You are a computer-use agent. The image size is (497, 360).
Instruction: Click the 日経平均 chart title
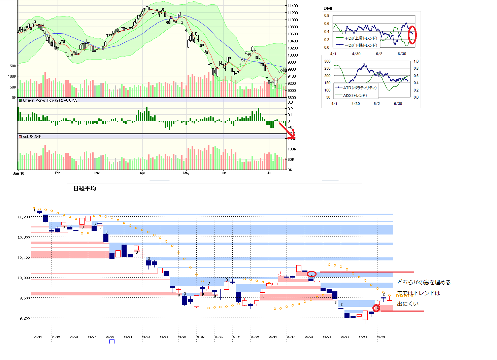(85, 188)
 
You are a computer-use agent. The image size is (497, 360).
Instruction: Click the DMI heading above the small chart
(328, 8)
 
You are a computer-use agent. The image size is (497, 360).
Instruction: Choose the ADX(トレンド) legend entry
(355, 96)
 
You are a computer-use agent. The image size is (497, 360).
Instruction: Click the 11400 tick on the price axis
(293, 6)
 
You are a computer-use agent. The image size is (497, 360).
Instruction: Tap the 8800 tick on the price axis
(292, 98)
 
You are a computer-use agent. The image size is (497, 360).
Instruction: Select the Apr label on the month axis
(142, 173)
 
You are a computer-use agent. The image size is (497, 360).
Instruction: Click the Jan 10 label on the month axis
(19, 173)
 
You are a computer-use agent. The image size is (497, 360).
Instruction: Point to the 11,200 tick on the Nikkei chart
(24, 217)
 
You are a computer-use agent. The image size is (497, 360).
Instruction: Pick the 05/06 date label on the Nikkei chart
(110, 337)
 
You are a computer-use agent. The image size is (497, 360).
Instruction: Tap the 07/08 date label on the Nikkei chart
(381, 337)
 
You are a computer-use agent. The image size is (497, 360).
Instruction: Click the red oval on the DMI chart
(412, 35)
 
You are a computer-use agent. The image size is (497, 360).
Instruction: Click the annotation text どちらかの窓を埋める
(424, 283)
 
